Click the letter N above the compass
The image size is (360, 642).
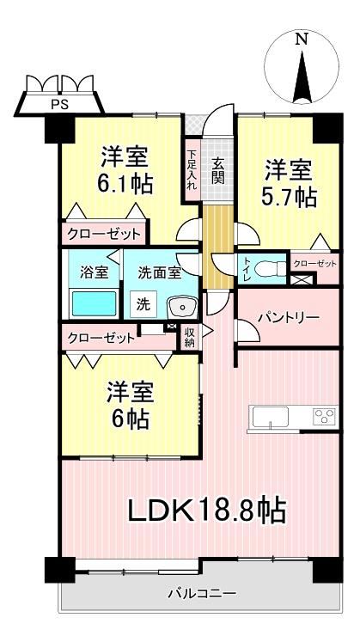click(302, 40)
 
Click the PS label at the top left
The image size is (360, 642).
click(59, 105)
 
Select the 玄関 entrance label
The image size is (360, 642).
click(218, 171)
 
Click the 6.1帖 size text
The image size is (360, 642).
click(125, 185)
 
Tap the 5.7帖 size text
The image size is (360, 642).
click(290, 198)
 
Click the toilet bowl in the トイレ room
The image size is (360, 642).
click(270, 269)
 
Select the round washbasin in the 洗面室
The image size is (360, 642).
click(182, 307)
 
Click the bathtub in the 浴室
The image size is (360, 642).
click(95, 303)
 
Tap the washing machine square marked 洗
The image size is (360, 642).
click(143, 304)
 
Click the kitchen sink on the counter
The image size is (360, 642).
click(270, 417)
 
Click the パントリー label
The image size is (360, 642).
click(288, 318)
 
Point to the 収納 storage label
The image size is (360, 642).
click(189, 338)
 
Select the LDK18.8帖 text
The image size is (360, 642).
click(207, 511)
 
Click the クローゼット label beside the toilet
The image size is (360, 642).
click(315, 264)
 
